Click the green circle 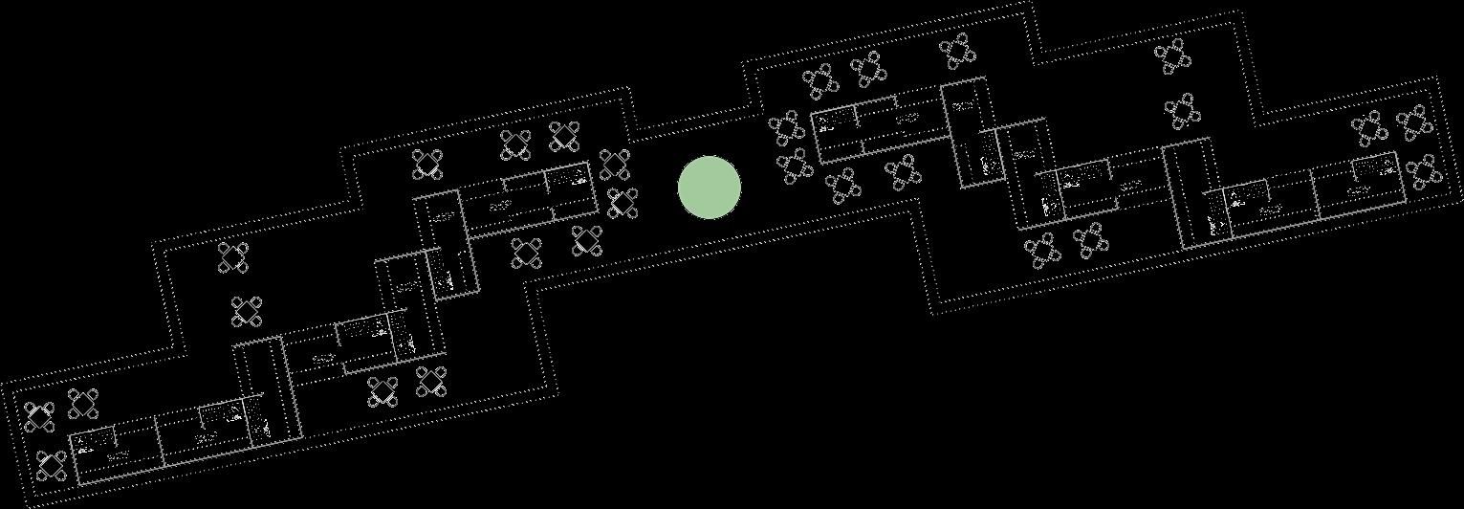coord(710,188)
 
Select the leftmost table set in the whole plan coord(39,416)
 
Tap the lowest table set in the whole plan coord(51,466)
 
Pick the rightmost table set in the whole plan coord(1425,172)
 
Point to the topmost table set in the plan coord(957,50)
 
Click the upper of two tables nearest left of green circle coord(614,164)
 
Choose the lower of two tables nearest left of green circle coord(623,203)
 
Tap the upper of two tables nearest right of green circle coord(786,127)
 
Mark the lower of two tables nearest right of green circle coord(794,166)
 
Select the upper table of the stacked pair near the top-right coord(1172,56)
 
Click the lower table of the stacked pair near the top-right coord(1183,111)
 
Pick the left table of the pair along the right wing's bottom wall coord(1042,251)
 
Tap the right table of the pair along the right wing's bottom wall coord(1090,240)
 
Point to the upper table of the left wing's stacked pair coord(232,257)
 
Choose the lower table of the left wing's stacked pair coord(247,311)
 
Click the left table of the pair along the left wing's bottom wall coord(383,390)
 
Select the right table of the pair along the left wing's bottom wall coord(431,381)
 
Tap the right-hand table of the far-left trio coord(84,404)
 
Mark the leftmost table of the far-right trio coord(1369,128)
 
